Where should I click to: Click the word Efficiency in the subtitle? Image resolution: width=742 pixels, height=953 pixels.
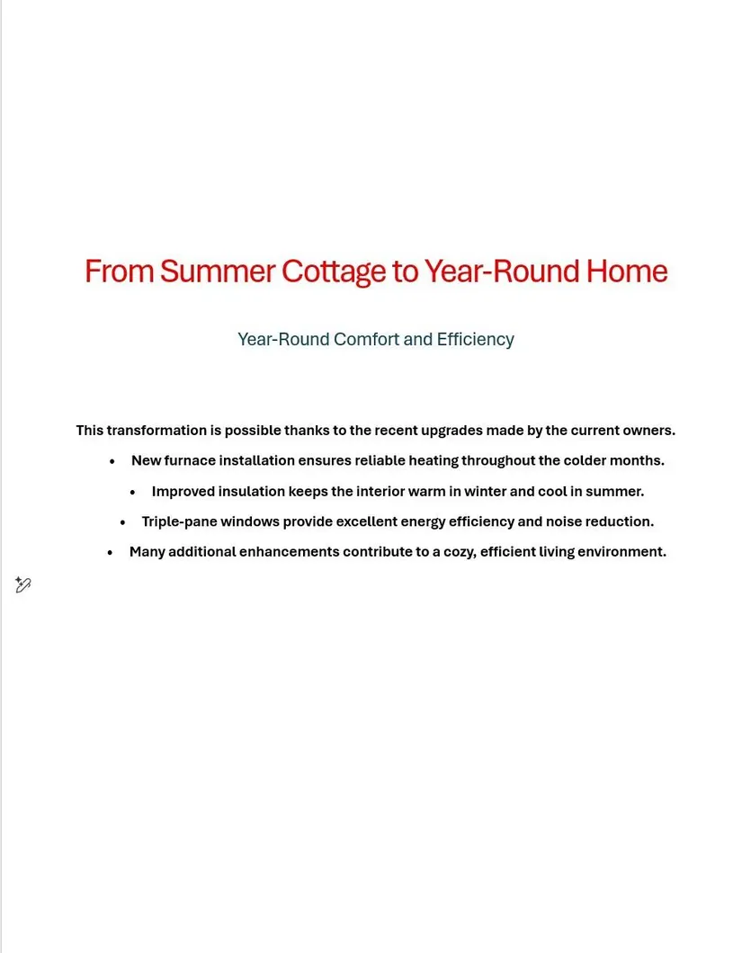click(x=476, y=340)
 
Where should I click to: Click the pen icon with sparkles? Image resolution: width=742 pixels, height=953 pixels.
click(x=23, y=585)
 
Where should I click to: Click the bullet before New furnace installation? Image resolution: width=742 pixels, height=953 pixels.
click(x=112, y=461)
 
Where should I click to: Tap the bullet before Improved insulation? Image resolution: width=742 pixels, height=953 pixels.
click(x=133, y=493)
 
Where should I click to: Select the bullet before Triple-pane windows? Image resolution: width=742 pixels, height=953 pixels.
click(x=123, y=522)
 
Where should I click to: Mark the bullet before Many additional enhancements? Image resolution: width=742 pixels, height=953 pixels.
click(x=110, y=553)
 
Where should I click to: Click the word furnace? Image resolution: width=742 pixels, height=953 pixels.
click(x=190, y=461)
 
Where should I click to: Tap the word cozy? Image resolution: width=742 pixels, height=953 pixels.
click(x=460, y=552)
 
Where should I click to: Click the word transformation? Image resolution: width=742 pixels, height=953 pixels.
click(x=156, y=431)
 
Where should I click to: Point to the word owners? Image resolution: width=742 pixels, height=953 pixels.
click(x=650, y=431)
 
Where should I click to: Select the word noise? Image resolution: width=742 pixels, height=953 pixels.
click(x=564, y=521)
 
